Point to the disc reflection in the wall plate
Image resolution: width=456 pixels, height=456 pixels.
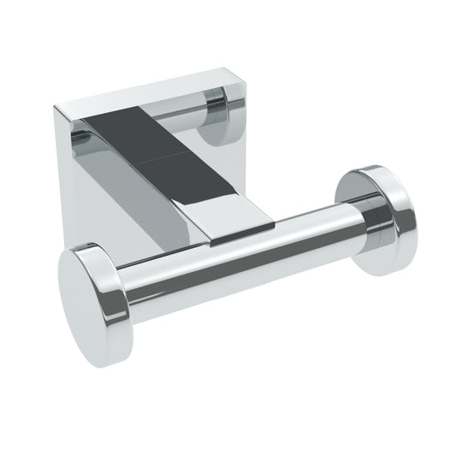coord(218,115)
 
